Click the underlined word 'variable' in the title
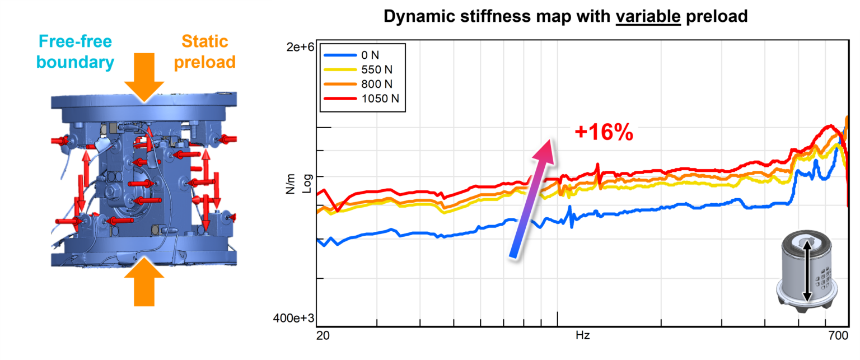point(648,17)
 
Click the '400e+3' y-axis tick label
point(293,319)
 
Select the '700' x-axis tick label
point(836,336)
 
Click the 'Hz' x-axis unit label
point(582,336)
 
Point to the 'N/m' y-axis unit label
point(291,183)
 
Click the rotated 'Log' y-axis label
point(306,184)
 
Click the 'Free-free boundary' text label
point(76,52)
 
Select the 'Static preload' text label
point(204,52)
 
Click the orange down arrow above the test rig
point(144,76)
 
